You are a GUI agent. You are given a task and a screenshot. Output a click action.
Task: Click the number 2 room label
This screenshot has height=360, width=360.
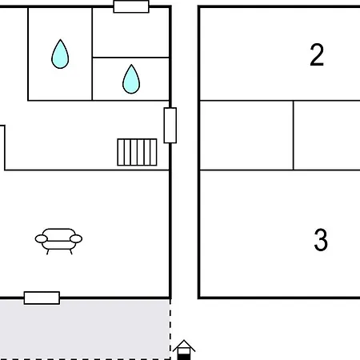click(x=317, y=55)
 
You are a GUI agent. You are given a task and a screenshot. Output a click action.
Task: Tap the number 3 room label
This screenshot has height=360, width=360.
click(x=321, y=240)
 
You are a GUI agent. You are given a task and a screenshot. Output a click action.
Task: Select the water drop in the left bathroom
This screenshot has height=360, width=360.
click(x=60, y=54)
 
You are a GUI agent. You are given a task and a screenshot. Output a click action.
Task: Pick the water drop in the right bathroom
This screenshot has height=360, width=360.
click(x=131, y=79)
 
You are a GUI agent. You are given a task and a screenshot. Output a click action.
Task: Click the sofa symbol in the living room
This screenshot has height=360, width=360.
click(x=58, y=242)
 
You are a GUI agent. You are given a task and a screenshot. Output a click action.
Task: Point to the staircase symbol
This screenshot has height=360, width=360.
click(x=137, y=152)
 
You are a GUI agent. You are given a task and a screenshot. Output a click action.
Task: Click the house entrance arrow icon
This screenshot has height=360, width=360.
click(x=184, y=350)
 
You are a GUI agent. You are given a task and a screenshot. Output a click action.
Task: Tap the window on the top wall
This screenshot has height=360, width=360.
click(x=131, y=6)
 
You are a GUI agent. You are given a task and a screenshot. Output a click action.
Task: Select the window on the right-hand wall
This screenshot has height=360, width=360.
click(x=170, y=126)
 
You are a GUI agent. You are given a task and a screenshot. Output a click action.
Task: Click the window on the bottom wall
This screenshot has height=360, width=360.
click(x=42, y=298)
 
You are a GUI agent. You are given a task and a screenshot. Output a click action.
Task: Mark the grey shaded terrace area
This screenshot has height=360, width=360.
click(x=85, y=329)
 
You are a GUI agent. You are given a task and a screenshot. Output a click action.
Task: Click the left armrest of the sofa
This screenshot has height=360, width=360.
click(x=42, y=239)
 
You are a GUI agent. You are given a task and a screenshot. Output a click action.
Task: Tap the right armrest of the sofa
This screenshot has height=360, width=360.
click(x=76, y=239)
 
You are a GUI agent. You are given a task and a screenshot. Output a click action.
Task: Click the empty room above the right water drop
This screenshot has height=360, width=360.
click(x=130, y=33)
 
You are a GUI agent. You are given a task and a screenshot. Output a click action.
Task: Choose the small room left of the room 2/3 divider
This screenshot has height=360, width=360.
click(x=246, y=135)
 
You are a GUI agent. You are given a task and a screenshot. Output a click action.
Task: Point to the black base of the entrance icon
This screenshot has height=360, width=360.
click(x=184, y=357)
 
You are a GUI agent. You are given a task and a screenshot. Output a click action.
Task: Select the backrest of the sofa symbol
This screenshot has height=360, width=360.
click(x=59, y=234)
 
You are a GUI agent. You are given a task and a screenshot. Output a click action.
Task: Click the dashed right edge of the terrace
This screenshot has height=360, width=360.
click(x=170, y=329)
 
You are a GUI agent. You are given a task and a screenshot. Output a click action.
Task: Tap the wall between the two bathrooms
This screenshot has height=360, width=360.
click(x=92, y=54)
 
